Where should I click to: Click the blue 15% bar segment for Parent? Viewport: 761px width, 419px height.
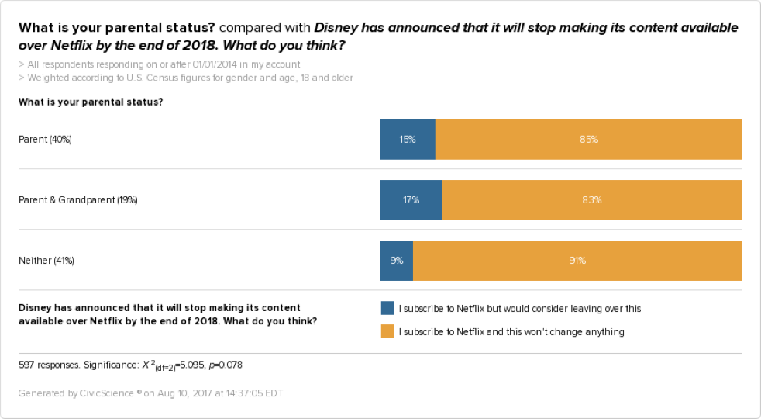click(408, 140)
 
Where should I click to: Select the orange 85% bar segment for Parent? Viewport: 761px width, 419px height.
click(589, 140)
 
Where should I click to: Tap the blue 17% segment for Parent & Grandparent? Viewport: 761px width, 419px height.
click(411, 200)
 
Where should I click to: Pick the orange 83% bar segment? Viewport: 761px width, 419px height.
click(592, 200)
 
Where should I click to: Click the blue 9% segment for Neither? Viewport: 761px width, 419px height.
click(396, 261)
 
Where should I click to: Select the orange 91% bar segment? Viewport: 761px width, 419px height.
click(577, 261)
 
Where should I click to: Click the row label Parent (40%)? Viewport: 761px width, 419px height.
click(45, 140)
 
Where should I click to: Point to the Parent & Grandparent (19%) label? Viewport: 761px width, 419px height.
click(77, 200)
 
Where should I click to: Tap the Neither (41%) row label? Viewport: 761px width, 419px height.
click(46, 261)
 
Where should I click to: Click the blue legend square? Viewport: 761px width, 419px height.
click(387, 308)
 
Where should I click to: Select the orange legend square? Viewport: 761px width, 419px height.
click(387, 331)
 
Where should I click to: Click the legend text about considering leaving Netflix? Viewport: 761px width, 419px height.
click(519, 309)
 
